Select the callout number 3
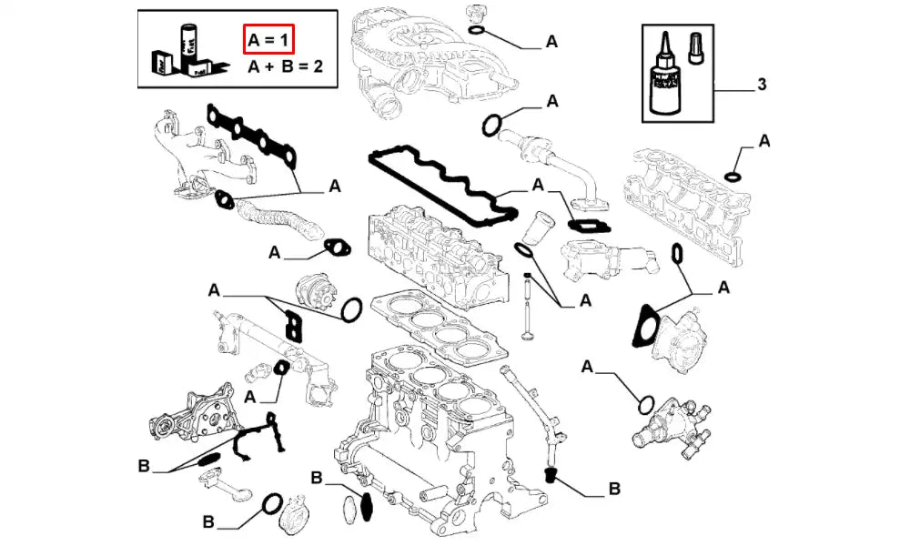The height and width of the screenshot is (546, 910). point(761,85)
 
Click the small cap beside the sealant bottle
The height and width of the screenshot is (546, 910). point(696,46)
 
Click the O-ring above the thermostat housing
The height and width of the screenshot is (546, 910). point(645,403)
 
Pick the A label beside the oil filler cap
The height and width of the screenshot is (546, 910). point(551,41)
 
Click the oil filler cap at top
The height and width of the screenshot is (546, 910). point(471,14)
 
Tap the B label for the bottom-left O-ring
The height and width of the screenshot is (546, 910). point(208,522)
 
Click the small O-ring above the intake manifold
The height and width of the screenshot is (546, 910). point(733,175)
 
